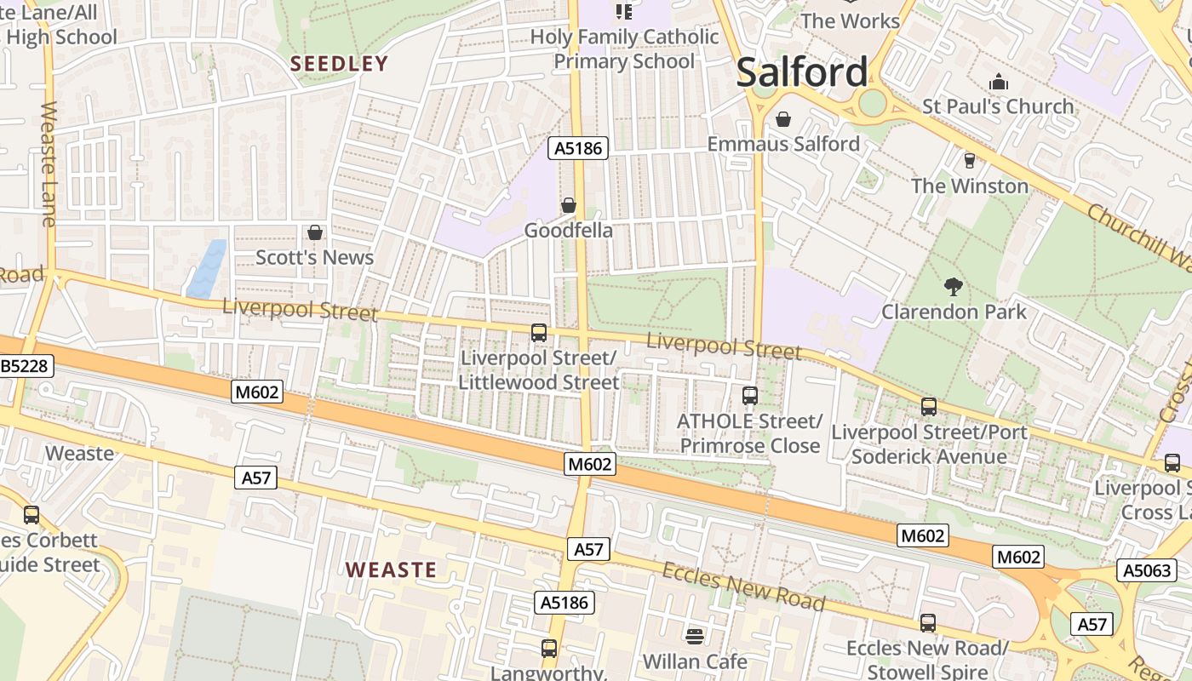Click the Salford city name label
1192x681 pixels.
[802, 72]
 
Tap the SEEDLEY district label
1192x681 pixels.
[339, 64]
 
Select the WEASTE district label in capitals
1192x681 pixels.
[391, 569]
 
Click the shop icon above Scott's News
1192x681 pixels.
[315, 232]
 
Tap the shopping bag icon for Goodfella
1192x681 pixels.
[568, 205]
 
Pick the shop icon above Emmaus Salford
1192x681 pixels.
[782, 119]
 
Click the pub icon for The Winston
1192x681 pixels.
[969, 160]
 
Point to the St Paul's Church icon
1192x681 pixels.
[998, 82]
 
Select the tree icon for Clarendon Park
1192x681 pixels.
[954, 286]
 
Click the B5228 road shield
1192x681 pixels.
[26, 367]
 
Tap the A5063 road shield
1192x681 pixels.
[1146, 570]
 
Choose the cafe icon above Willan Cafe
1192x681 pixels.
[695, 636]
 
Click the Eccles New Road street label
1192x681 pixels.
[743, 587]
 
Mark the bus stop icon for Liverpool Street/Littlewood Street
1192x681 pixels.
[538, 333]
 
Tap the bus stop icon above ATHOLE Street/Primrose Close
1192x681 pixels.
[749, 396]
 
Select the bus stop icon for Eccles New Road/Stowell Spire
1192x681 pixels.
[927, 623]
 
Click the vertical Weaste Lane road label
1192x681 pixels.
[48, 164]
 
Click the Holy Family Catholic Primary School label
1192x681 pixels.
[624, 49]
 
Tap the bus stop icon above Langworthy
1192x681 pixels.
[549, 649]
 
